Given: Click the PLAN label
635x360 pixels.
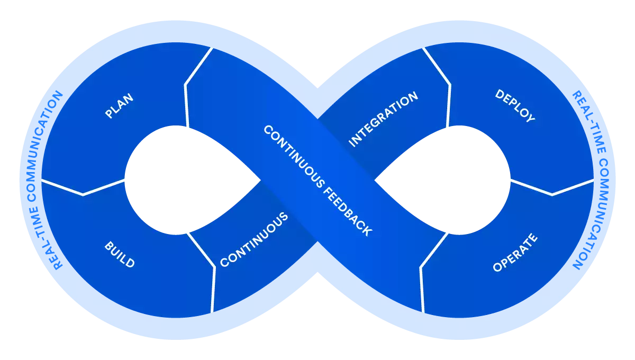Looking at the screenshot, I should click(x=119, y=106).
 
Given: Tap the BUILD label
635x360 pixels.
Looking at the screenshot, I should click(x=120, y=255).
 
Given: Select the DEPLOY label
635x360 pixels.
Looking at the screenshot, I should click(x=515, y=106).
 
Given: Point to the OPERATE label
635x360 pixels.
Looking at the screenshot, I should click(x=515, y=253).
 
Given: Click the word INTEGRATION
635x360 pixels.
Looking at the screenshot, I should click(x=384, y=119).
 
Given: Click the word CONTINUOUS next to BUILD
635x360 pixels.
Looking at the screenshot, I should click(x=254, y=239).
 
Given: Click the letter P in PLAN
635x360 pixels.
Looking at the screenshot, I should click(x=108, y=114).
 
